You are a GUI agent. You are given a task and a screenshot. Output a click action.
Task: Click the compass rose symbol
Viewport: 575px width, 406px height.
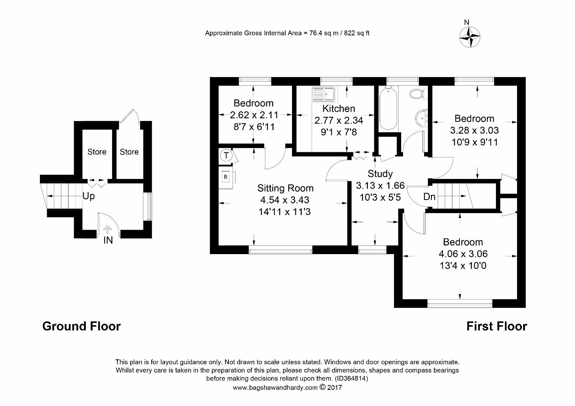(470, 38)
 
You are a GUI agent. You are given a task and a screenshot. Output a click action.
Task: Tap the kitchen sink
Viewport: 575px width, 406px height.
(324, 94)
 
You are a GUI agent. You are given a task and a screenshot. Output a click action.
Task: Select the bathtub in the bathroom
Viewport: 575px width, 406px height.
(388, 108)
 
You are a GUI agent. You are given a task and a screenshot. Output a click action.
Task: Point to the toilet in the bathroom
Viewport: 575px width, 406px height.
(418, 94)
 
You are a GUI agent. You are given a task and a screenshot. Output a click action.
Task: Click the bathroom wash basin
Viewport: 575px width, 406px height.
(421, 118)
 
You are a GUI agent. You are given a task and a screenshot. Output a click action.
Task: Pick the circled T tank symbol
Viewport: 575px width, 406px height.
(226, 155)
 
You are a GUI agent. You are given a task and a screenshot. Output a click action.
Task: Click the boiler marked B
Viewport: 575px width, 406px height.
(226, 177)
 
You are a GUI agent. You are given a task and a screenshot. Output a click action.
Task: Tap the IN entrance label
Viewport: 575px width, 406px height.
(108, 240)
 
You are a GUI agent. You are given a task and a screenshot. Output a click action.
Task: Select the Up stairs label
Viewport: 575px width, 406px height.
(88, 196)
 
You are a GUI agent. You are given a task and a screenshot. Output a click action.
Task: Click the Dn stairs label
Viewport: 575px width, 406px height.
(429, 197)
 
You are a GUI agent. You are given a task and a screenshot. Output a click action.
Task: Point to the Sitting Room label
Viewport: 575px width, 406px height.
(286, 188)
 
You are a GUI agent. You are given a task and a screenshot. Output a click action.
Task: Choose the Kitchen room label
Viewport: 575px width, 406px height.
(339, 109)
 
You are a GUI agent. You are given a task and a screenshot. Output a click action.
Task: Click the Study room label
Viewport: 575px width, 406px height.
(380, 174)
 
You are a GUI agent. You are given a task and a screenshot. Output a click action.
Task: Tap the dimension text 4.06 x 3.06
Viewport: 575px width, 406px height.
(463, 254)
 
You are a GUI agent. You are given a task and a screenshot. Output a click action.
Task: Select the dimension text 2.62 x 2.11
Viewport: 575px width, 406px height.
(254, 115)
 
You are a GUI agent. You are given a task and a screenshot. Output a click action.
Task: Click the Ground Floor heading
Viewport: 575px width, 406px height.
(81, 326)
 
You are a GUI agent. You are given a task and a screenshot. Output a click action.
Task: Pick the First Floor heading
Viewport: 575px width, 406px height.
(497, 326)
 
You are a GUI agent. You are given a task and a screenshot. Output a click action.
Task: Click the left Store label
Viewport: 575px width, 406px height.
(97, 152)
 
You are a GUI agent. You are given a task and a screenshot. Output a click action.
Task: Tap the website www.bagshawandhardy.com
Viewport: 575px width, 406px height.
(275, 388)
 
